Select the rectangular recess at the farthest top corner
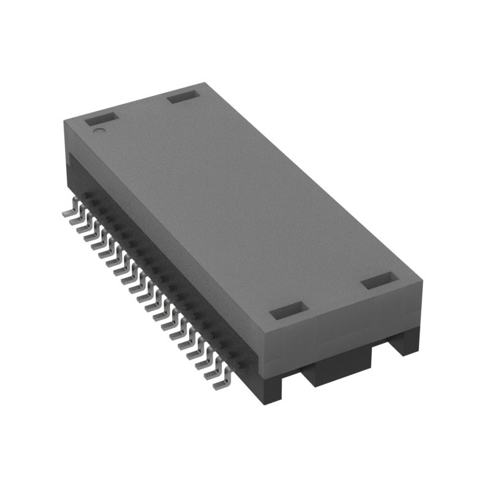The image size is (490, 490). [x=183, y=96]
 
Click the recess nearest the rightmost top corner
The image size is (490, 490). [x=380, y=282]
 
